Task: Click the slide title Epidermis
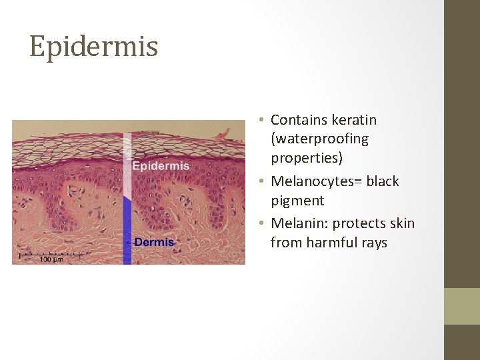[93, 47]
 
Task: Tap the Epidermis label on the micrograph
[161, 166]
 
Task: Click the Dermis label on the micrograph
[154, 242]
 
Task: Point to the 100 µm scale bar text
[51, 259]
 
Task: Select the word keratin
[353, 120]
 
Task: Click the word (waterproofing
[319, 139]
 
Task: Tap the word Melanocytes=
[314, 181]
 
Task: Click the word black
[381, 181]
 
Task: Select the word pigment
[297, 201]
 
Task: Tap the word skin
[401, 223]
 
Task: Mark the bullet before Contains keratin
[264, 120]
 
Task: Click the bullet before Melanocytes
[264, 181]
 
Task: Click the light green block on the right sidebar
[462, 306]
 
